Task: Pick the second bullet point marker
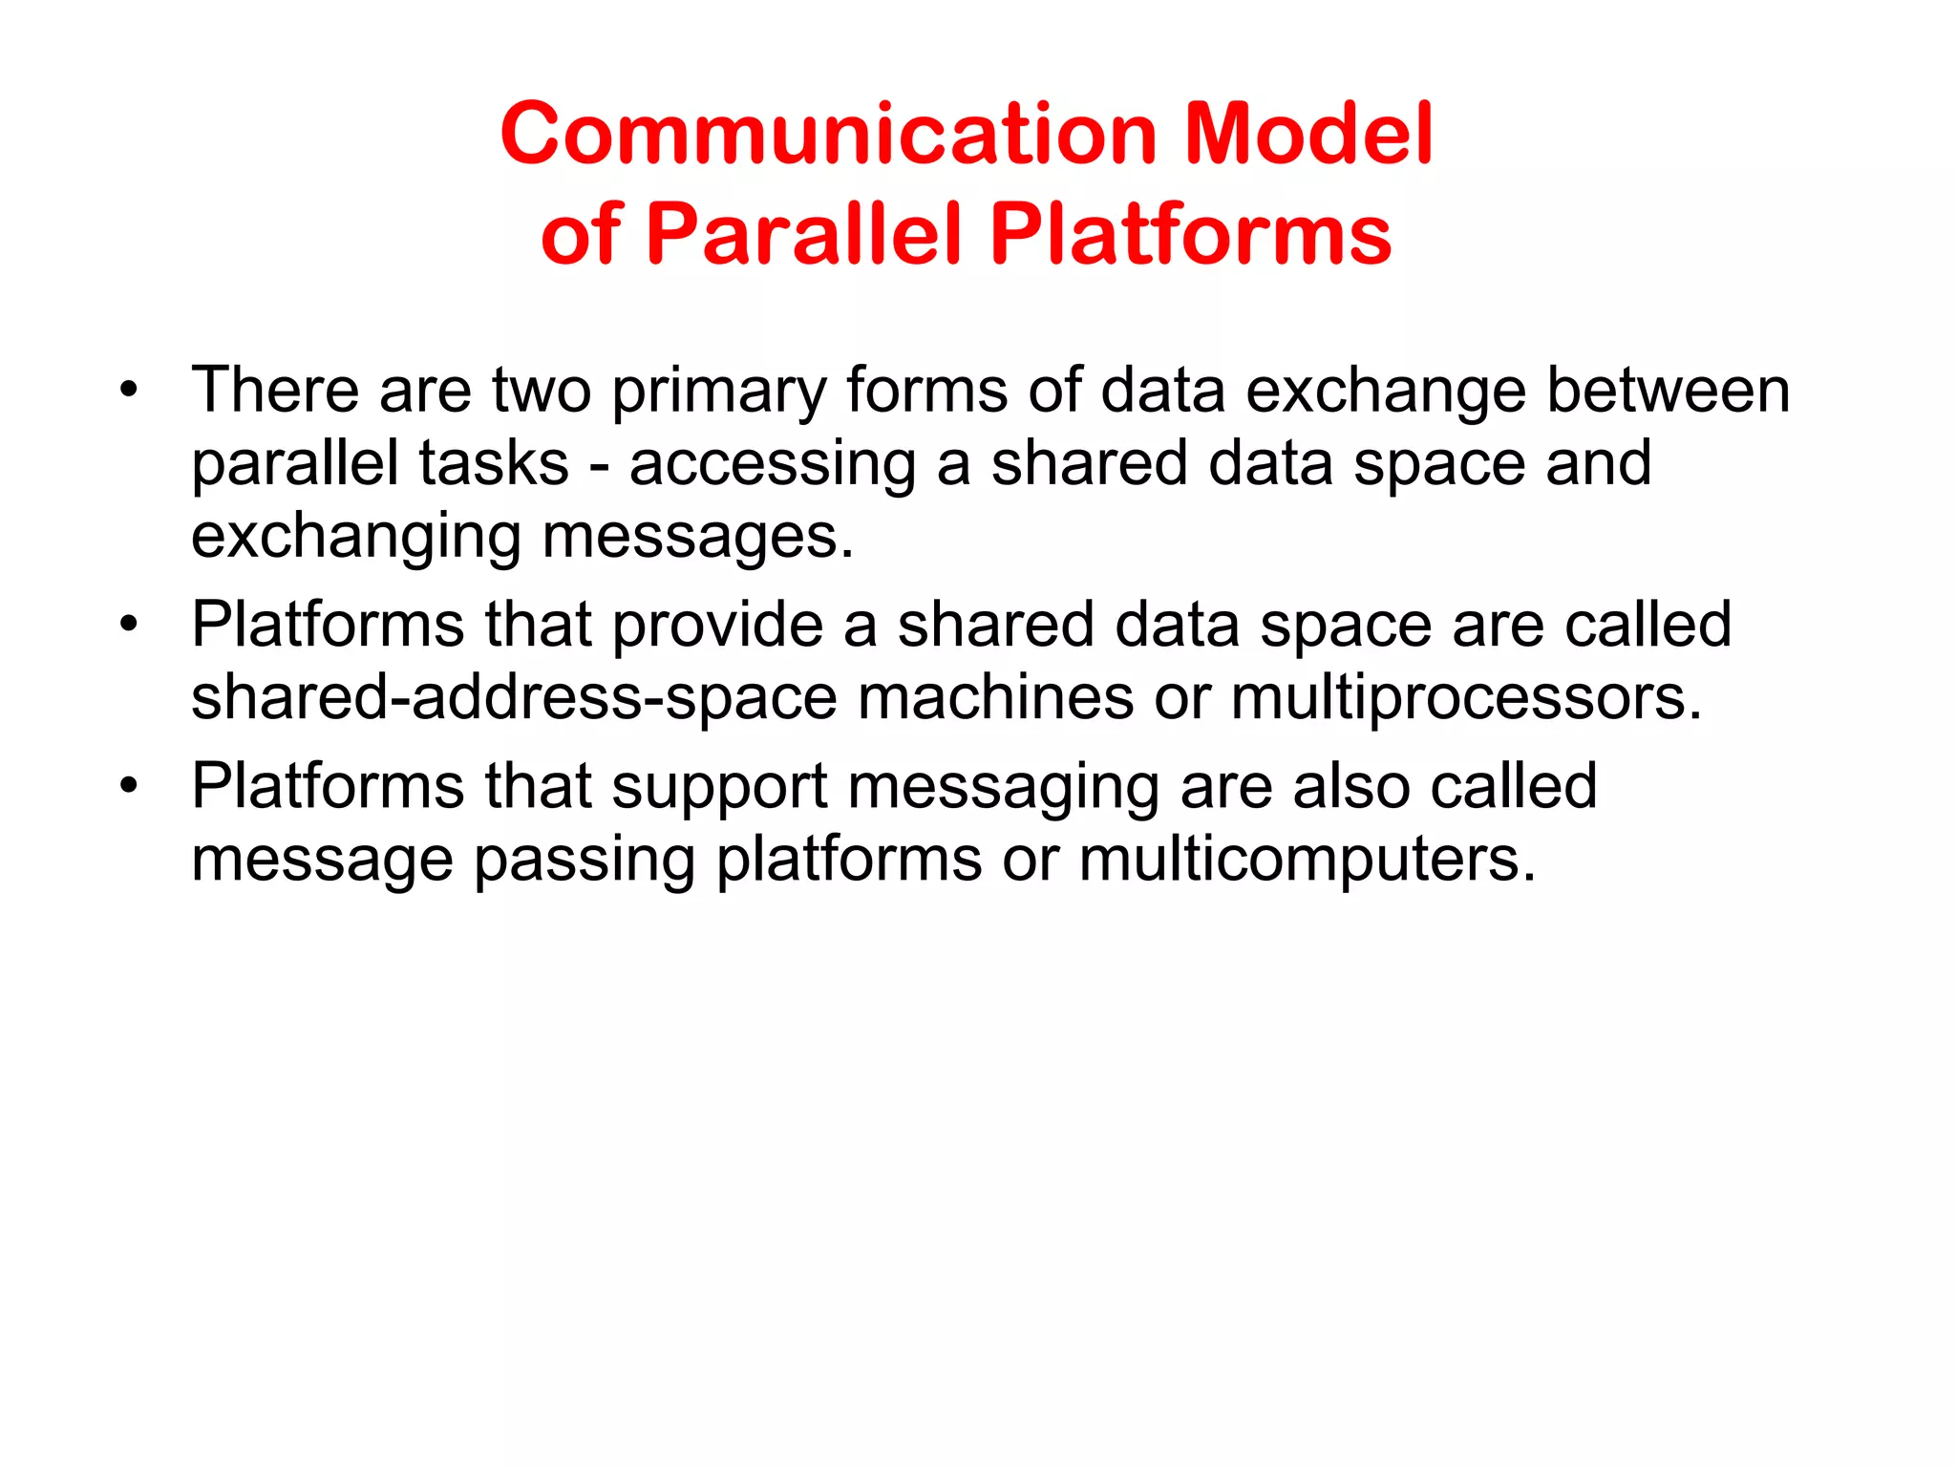click(x=129, y=625)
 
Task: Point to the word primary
click(x=718, y=392)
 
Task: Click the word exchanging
click(x=356, y=538)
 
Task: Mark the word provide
click(x=717, y=626)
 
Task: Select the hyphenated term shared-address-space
click(x=514, y=699)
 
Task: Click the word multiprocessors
click(x=1465, y=699)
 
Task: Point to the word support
click(x=718, y=788)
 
